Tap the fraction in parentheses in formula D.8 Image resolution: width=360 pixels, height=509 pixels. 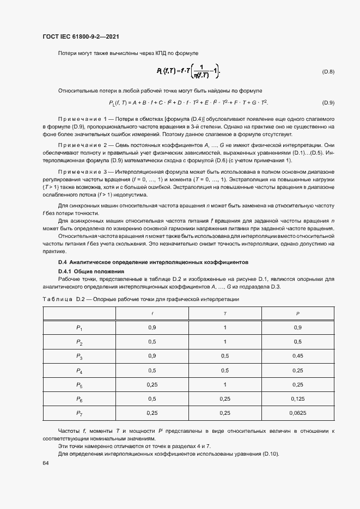point(204,72)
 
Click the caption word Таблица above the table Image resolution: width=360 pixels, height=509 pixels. point(57,300)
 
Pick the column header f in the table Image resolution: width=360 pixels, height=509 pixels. point(152,314)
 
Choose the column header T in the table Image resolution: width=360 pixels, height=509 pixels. point(225,314)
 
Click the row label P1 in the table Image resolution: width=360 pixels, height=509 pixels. point(79,328)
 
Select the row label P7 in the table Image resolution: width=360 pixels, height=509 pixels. point(79,413)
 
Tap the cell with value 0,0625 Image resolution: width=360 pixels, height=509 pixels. point(298,413)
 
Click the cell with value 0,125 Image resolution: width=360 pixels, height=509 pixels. point(298,399)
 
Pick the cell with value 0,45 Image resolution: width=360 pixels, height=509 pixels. point(298,357)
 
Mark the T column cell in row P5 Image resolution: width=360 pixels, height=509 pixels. point(225,385)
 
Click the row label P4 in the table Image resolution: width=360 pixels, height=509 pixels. point(79,371)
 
